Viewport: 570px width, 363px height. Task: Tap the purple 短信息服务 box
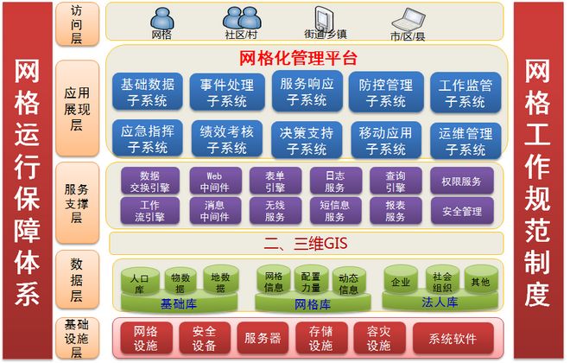[333, 211]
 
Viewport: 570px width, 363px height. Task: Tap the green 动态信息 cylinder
[348, 283]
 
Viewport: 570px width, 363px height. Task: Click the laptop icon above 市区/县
[408, 18]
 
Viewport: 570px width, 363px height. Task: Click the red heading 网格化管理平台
[297, 58]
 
